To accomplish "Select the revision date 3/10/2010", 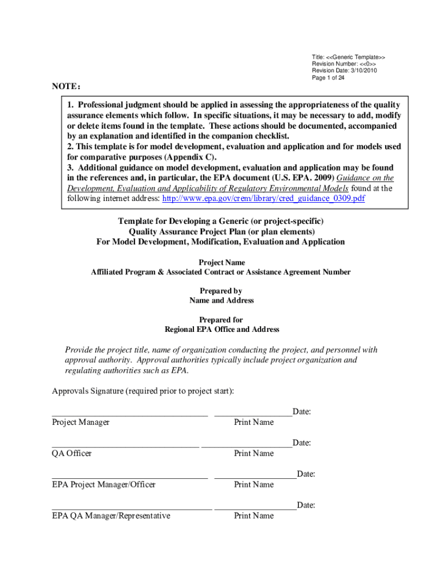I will click(x=344, y=71).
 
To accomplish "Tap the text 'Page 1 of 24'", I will click(x=328, y=79).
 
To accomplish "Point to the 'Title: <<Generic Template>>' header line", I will click(x=348, y=57).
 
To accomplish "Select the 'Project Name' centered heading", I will click(x=222, y=262).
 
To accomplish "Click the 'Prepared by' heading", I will click(x=221, y=291).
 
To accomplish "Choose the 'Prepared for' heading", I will click(x=221, y=320).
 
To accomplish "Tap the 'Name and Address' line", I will click(x=222, y=300).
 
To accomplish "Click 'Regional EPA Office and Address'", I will click(x=222, y=330).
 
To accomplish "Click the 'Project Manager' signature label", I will click(x=80, y=423).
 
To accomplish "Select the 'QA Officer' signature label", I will click(x=72, y=454).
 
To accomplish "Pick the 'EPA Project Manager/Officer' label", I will click(x=103, y=485).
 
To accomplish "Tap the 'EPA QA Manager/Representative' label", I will click(x=111, y=516).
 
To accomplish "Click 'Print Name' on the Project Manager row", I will click(x=254, y=423).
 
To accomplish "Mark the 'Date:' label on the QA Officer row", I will click(x=302, y=443).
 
